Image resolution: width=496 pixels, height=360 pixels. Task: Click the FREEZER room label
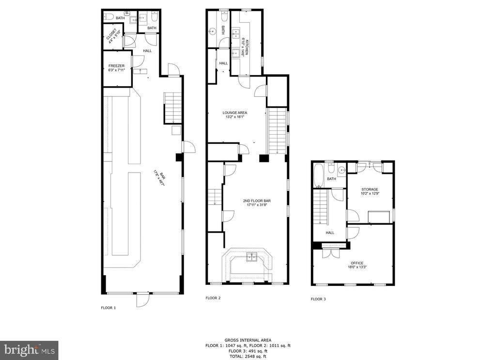click(x=116, y=66)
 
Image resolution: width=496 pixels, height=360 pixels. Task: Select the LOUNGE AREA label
click(x=235, y=112)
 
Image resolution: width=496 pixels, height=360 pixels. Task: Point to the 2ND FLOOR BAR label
click(x=257, y=201)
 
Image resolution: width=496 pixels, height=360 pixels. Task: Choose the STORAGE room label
click(x=370, y=189)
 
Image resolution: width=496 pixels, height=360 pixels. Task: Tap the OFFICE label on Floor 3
click(x=357, y=263)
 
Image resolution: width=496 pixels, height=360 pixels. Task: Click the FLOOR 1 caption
click(x=108, y=308)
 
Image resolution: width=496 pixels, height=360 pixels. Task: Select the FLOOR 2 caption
click(x=213, y=298)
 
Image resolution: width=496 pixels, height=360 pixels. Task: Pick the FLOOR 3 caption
click(x=318, y=299)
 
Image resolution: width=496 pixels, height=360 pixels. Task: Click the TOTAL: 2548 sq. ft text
click(x=248, y=357)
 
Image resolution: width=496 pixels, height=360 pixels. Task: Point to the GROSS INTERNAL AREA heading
click(x=248, y=341)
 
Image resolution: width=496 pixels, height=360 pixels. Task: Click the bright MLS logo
click(x=29, y=350)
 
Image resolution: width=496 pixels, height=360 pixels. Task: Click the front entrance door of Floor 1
click(x=143, y=299)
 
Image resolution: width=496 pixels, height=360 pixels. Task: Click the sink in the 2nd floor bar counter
click(x=252, y=257)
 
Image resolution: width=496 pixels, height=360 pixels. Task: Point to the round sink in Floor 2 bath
click(x=212, y=31)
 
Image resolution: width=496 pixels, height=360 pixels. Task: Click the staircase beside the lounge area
click(x=278, y=131)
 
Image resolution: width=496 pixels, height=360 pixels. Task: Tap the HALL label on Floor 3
click(x=330, y=233)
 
